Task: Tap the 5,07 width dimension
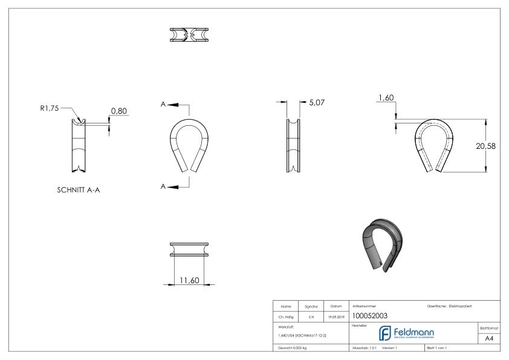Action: pos(317,103)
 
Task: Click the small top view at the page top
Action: pos(185,34)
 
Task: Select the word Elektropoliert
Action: pos(462,305)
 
